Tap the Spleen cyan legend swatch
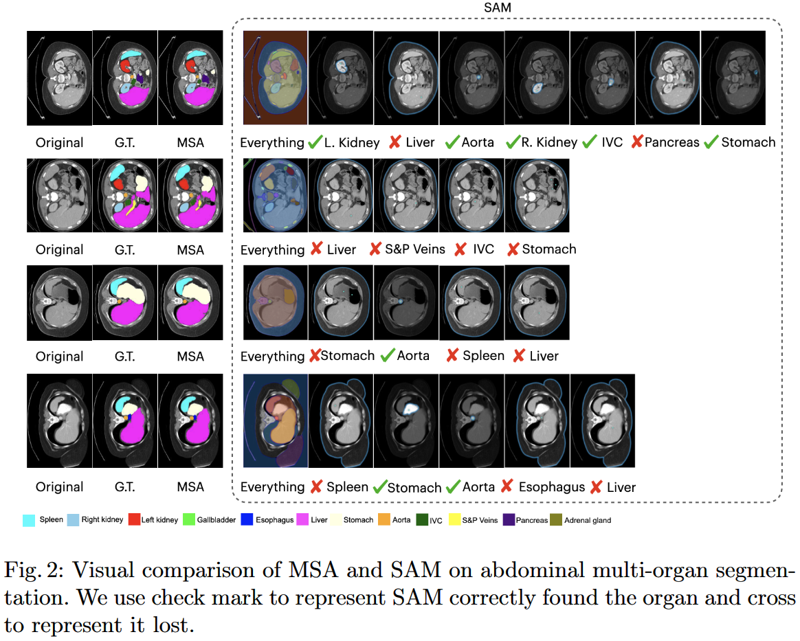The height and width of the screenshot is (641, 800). [29, 520]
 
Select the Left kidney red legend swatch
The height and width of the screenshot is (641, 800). [131, 520]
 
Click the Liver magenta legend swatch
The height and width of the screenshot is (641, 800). [301, 520]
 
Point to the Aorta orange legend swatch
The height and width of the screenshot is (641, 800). [383, 520]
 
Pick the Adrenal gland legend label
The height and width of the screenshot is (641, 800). [588, 520]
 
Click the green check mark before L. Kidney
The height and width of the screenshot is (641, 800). [315, 142]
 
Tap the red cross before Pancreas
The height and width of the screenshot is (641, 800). [637, 142]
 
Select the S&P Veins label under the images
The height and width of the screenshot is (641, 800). [414, 249]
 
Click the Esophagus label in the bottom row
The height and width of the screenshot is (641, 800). [552, 487]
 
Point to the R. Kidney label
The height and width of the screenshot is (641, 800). [548, 142]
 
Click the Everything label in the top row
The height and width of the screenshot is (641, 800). [272, 142]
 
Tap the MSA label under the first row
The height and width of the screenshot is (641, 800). [190, 142]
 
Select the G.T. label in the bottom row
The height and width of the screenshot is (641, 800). [125, 487]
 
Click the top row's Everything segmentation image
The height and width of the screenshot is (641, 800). [275, 78]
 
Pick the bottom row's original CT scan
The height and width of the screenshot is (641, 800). [59, 420]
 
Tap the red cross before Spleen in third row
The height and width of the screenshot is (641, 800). [452, 356]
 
